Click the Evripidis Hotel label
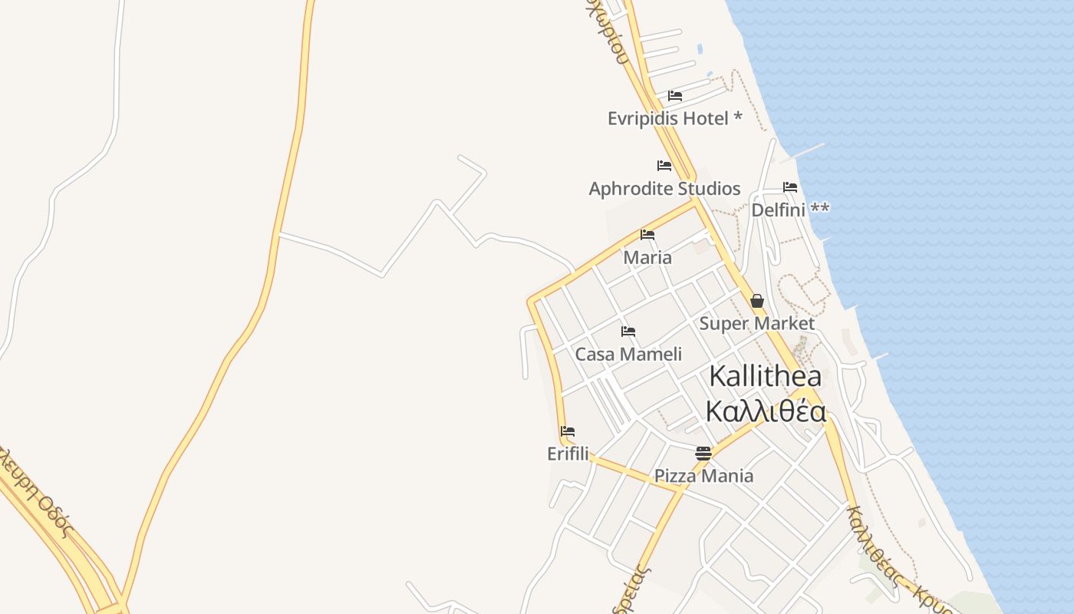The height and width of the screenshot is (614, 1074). tap(667, 119)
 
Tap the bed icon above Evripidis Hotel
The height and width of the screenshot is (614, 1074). tap(675, 96)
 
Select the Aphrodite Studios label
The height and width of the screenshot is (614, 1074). tap(664, 189)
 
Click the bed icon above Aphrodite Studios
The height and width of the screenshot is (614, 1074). tap(664, 166)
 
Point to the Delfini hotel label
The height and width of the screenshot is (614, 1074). tap(779, 210)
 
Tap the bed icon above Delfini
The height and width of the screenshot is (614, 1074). tap(790, 187)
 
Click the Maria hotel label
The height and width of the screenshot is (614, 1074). tap(647, 258)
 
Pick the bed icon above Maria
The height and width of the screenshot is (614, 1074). tap(647, 235)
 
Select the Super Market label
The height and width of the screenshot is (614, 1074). tap(756, 323)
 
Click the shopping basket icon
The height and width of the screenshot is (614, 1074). tap(757, 301)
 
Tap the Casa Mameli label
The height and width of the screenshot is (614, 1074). tap(628, 355)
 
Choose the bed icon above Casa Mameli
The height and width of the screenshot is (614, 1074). tap(628, 332)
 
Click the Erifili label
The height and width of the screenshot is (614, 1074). tap(568, 454)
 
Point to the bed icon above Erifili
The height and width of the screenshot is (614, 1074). tap(568, 431)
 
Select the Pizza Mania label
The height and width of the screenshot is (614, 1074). tap(703, 476)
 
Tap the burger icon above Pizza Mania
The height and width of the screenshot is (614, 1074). tap(703, 454)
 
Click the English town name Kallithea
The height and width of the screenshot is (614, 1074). tap(765, 377)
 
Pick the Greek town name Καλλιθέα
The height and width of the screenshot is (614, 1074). tap(765, 412)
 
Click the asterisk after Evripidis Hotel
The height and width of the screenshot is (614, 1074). tap(737, 117)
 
